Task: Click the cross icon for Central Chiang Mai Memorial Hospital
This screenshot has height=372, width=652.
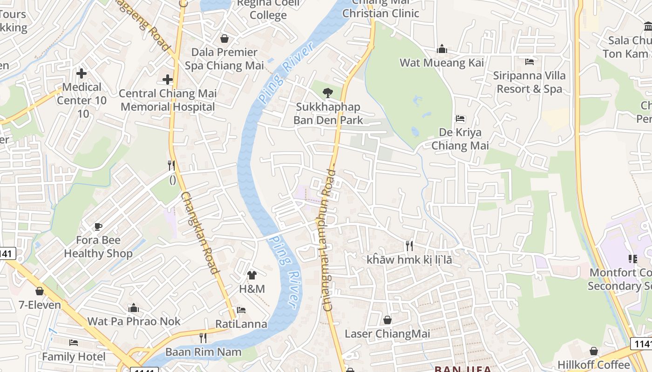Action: (168, 80)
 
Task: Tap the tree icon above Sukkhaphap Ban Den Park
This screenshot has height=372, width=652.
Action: (328, 93)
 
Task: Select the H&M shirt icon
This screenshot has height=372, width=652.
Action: (252, 275)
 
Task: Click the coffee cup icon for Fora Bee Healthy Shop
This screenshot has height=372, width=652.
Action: (98, 226)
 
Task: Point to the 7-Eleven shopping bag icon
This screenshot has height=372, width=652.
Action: (40, 291)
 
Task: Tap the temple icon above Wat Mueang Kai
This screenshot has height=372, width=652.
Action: (442, 49)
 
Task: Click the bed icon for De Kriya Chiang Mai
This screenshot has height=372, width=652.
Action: (460, 119)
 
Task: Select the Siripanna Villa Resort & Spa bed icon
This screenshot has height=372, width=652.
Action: (529, 61)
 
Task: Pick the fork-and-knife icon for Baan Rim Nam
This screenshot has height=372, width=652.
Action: (203, 338)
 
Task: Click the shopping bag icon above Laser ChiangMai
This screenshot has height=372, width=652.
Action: (387, 320)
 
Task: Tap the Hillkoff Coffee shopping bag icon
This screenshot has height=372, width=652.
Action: (594, 351)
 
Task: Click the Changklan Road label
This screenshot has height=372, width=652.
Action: (200, 233)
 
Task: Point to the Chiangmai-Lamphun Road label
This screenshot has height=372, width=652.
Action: (329, 239)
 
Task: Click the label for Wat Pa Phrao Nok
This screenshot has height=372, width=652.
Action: (134, 321)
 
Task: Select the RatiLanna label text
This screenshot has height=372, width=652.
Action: (241, 324)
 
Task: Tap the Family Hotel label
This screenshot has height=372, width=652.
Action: (74, 357)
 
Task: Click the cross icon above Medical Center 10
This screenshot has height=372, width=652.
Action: (81, 73)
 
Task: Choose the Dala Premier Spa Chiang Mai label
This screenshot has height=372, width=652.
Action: (224, 59)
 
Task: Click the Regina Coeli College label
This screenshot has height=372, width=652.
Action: (268, 9)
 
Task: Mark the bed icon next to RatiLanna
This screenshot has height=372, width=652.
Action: (241, 310)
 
